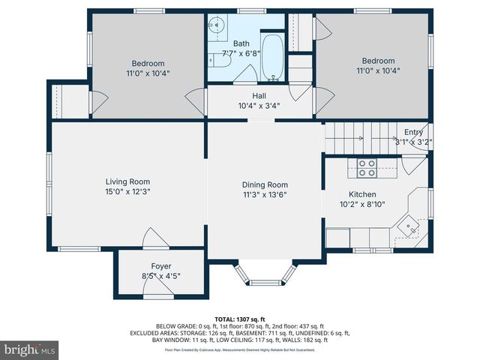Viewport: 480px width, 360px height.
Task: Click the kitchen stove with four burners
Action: pyautogui.click(x=367, y=168)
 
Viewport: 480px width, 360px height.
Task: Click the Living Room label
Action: pyautogui.click(x=127, y=181)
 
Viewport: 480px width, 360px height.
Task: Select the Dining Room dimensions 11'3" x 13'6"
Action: pyautogui.click(x=264, y=195)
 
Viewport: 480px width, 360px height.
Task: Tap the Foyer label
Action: pyautogui.click(x=160, y=265)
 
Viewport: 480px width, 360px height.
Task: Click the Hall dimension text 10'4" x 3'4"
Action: pyautogui.click(x=259, y=106)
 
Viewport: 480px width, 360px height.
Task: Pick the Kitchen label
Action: pyautogui.click(x=363, y=193)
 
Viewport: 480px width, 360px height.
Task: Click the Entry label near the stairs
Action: pyautogui.click(x=413, y=132)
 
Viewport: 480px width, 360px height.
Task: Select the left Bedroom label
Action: pyautogui.click(x=148, y=64)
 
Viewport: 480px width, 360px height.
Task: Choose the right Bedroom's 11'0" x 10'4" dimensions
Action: pyautogui.click(x=377, y=71)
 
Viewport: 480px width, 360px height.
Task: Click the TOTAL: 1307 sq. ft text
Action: pyautogui.click(x=240, y=318)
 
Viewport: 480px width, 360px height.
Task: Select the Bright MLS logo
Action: pyautogui.click(x=30, y=349)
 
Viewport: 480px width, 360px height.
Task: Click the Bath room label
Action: pyautogui.click(x=241, y=44)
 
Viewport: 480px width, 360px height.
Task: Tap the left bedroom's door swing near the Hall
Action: pyautogui.click(x=196, y=100)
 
